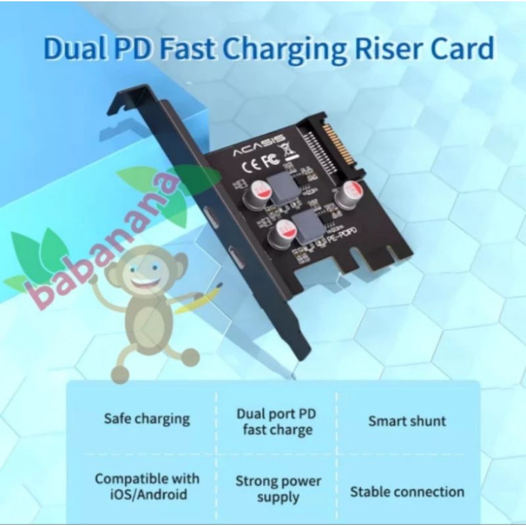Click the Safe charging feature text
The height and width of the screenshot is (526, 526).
(147, 418)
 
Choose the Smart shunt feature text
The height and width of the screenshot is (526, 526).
(407, 421)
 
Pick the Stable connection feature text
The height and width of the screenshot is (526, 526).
(407, 491)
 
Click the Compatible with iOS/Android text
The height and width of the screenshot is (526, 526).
(147, 486)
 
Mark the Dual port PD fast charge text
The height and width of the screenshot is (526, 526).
(275, 422)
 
